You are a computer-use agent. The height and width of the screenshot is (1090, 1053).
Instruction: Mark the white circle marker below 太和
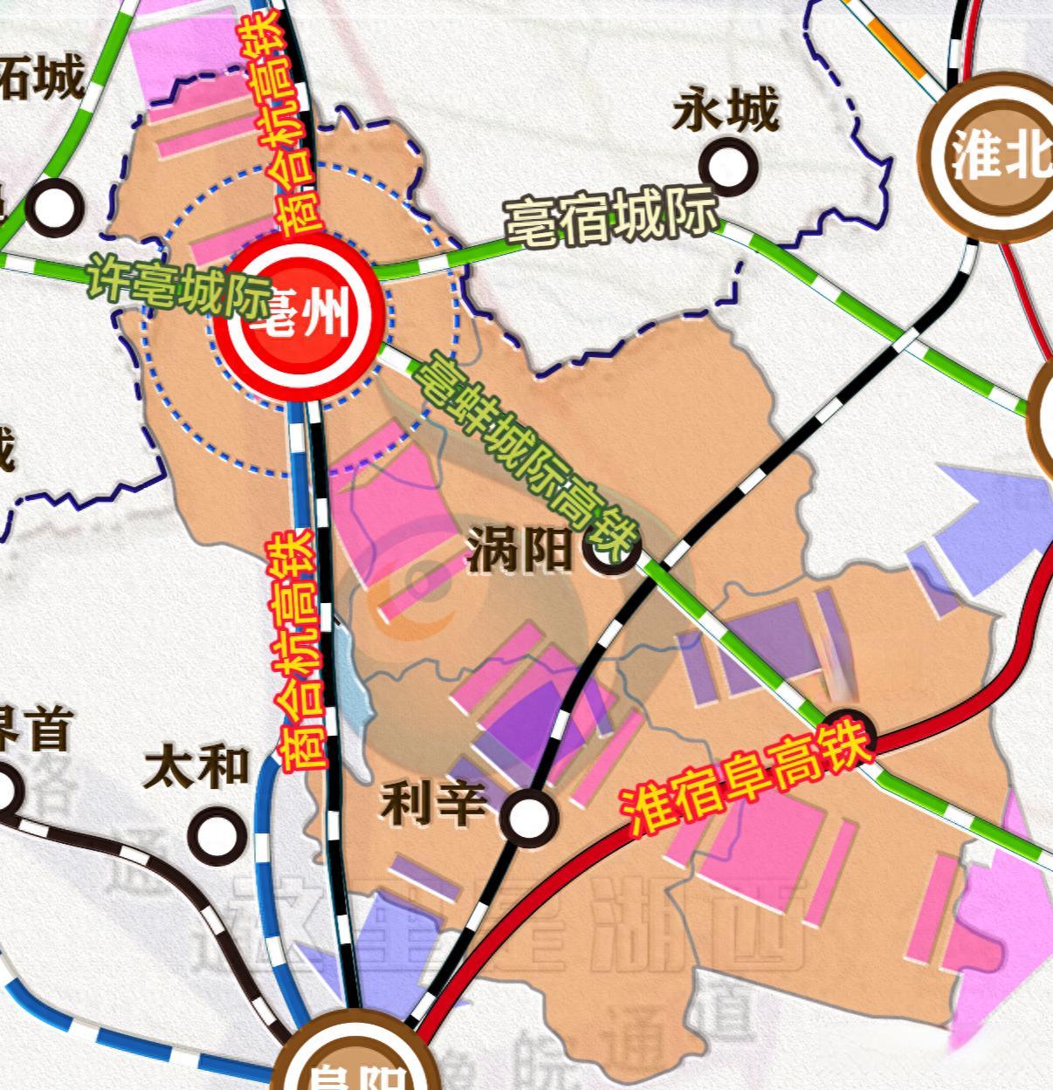(216, 833)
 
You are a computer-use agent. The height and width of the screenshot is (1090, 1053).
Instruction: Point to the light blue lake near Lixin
(354, 681)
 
